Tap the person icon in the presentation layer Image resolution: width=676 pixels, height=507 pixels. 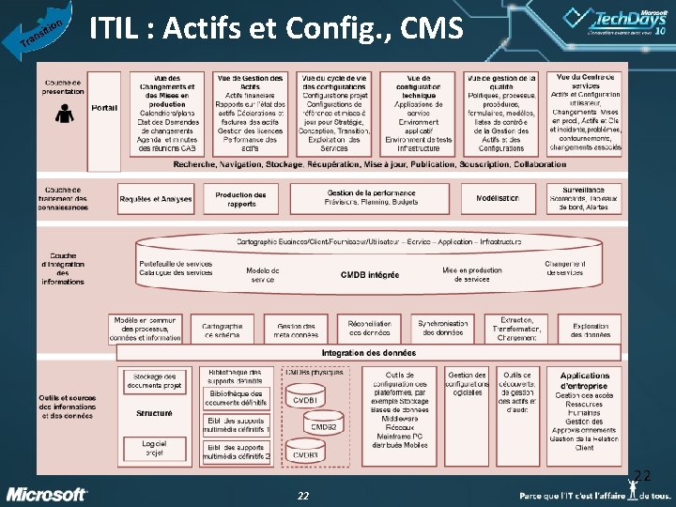(66, 114)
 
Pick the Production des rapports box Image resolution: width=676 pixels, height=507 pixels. (240, 199)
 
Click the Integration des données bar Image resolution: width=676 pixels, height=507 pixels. (368, 353)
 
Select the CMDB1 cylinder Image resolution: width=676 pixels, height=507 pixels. (305, 399)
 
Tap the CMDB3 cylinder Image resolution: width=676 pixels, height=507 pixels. (305, 454)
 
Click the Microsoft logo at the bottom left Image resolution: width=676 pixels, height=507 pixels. (47, 494)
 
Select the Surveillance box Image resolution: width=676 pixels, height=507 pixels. (583, 198)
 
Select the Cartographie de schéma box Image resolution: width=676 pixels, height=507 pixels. (222, 329)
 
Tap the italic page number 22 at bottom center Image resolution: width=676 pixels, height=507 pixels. (303, 496)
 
